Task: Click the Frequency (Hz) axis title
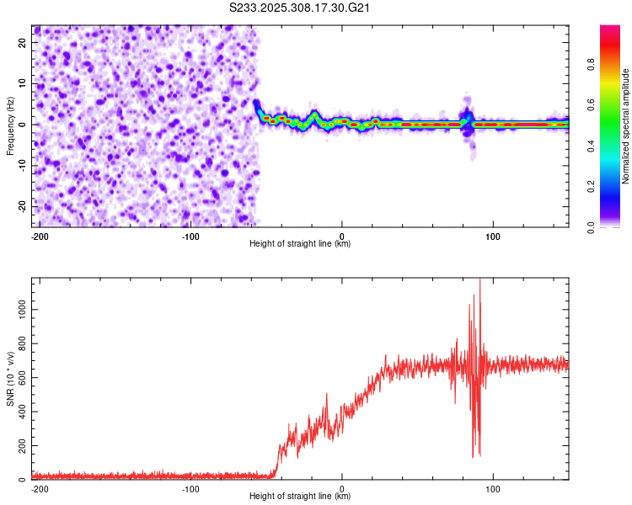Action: coord(10,125)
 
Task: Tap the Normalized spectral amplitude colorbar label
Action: coord(626,126)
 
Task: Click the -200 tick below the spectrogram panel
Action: coord(38,236)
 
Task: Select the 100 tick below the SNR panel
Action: coord(494,488)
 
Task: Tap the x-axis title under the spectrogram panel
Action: coord(300,244)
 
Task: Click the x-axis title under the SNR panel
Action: coord(300,497)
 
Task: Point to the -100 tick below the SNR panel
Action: coord(190,488)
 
